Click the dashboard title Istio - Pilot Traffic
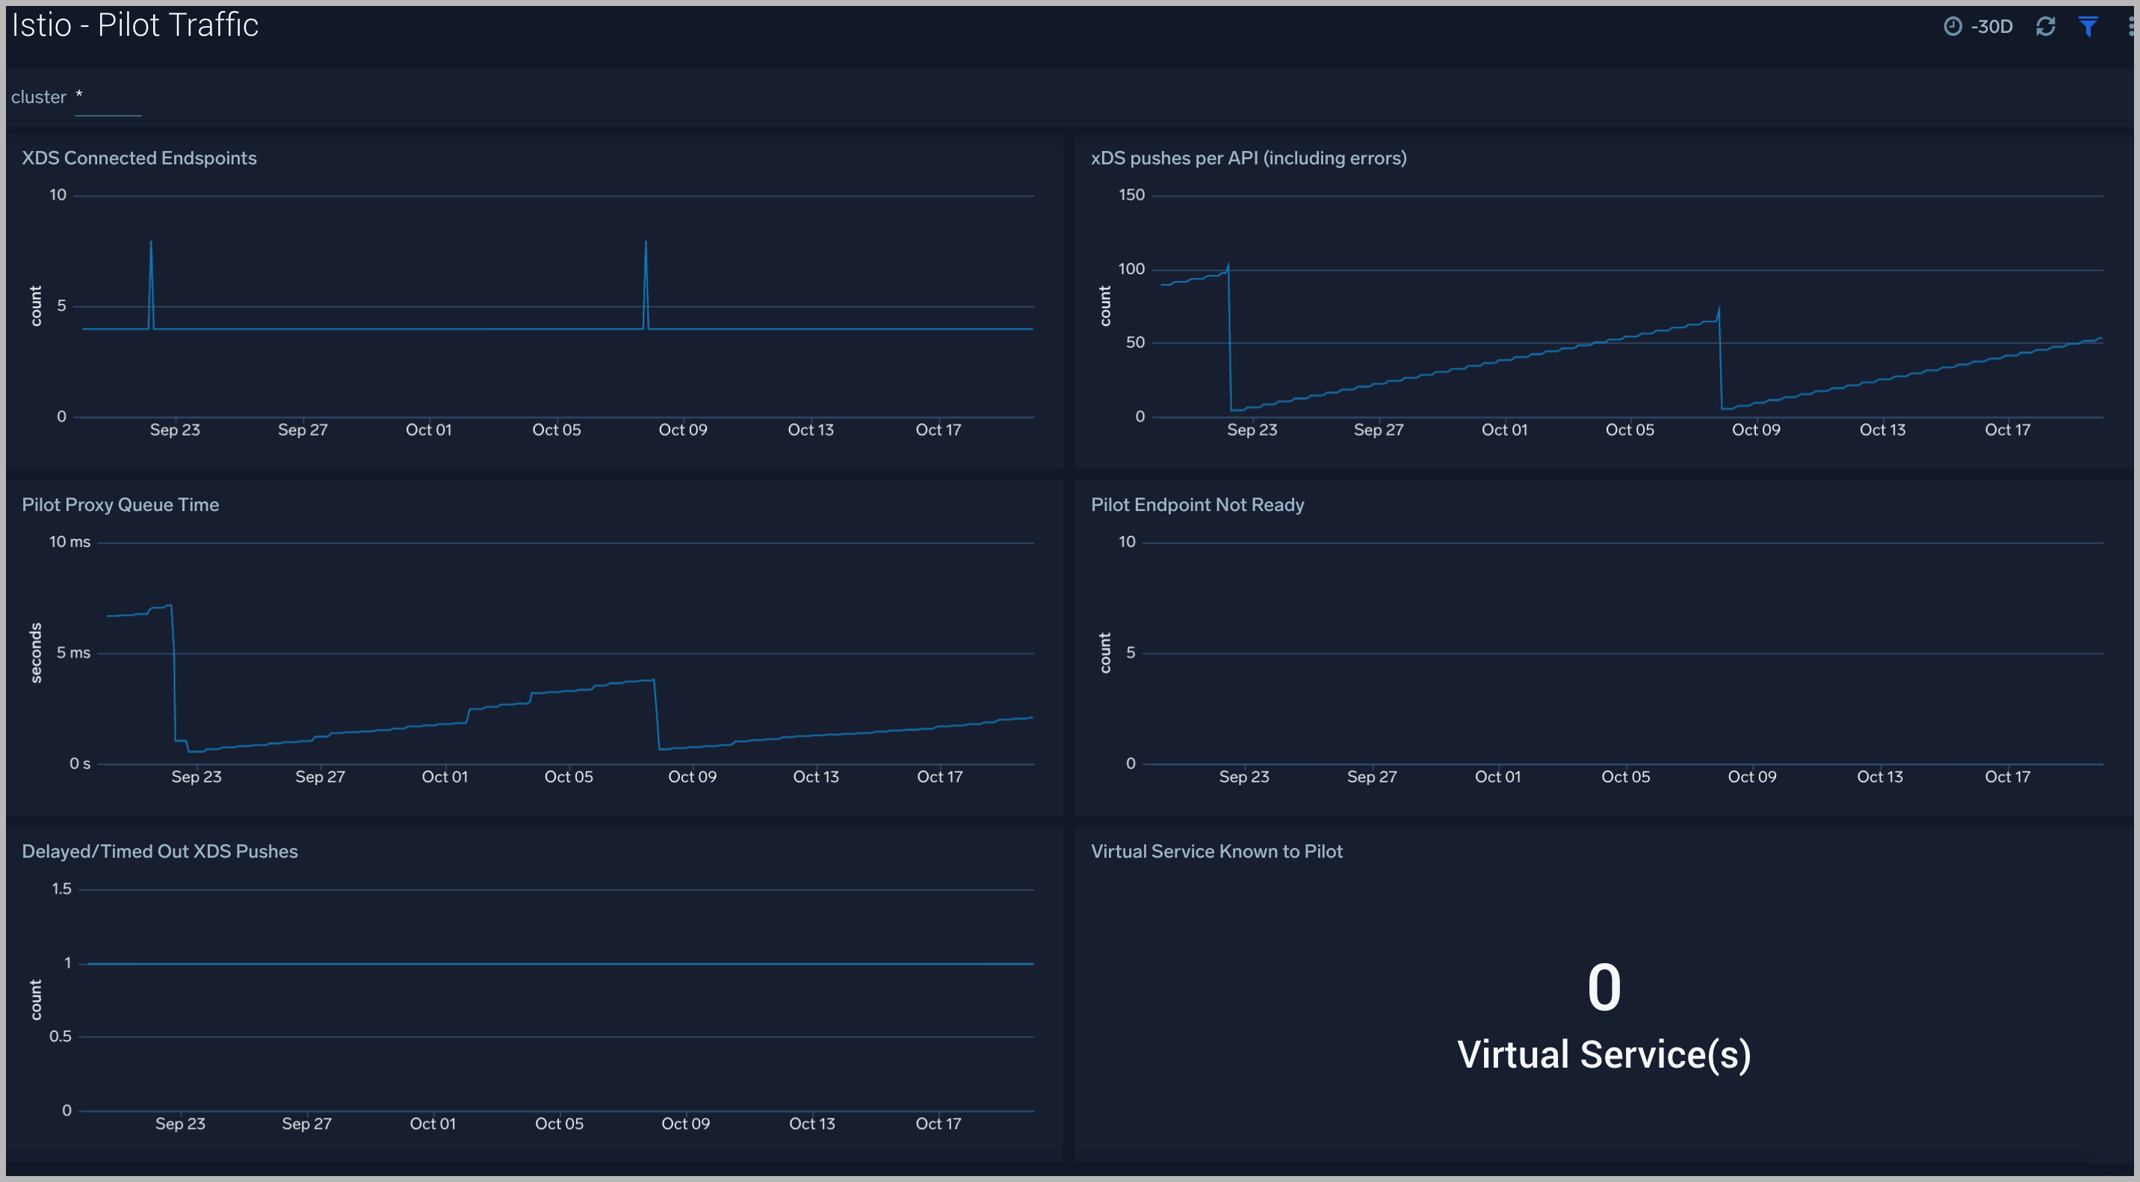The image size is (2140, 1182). (x=134, y=25)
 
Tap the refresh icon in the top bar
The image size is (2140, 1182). (x=2045, y=27)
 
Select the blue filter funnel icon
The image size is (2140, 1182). (x=2088, y=27)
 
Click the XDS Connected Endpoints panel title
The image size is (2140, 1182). (x=139, y=158)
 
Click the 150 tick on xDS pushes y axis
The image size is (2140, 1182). (x=1131, y=195)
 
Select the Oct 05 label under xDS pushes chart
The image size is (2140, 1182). (x=1629, y=430)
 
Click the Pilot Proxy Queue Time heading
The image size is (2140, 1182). (x=120, y=504)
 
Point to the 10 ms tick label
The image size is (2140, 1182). (x=69, y=542)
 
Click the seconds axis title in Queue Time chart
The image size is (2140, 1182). (x=36, y=652)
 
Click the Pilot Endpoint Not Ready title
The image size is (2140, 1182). (x=1197, y=504)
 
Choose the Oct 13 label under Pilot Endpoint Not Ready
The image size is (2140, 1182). (x=1879, y=776)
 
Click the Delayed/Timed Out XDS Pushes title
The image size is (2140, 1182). (x=159, y=852)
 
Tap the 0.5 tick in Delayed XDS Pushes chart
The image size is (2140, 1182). (x=61, y=1036)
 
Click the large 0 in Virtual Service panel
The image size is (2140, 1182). (x=1604, y=988)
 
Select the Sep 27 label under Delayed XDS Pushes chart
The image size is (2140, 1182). (x=306, y=1123)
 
